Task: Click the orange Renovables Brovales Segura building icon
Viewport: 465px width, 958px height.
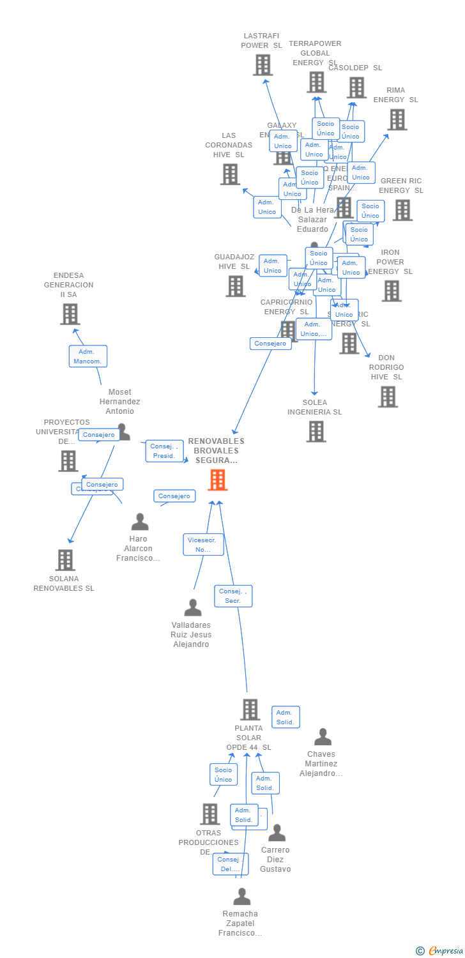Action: pos(218,480)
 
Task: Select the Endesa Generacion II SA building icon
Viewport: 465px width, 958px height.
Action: pos(70,314)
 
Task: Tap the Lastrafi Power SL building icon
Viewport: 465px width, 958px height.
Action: pos(263,65)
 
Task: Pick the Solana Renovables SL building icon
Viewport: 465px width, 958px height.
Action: pos(65,560)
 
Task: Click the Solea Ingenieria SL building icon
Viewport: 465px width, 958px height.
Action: pos(316,431)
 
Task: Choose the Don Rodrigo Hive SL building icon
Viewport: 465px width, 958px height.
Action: pos(387,397)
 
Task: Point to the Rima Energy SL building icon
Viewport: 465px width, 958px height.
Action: pos(397,119)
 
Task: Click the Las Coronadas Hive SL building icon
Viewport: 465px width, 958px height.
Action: pos(230,174)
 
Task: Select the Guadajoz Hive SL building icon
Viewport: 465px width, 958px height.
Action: pos(235,286)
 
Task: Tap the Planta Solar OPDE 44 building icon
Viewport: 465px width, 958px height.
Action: pos(250,710)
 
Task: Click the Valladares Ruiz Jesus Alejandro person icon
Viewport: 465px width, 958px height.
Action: pos(192,607)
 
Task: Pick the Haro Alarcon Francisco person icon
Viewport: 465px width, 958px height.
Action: pos(139,522)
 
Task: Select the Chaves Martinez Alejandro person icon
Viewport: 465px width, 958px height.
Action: pos(323,737)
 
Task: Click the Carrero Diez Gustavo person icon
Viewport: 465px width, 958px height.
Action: pos(277,833)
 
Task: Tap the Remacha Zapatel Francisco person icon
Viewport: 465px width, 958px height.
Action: pos(241,897)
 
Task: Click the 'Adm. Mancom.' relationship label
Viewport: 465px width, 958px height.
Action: pos(88,356)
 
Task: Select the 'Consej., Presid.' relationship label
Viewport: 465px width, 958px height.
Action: pos(164,451)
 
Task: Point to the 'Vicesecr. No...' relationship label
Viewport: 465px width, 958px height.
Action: pos(203,545)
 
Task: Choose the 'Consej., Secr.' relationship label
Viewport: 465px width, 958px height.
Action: pos(233,596)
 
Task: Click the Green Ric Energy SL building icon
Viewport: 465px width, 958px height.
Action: pos(402,210)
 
